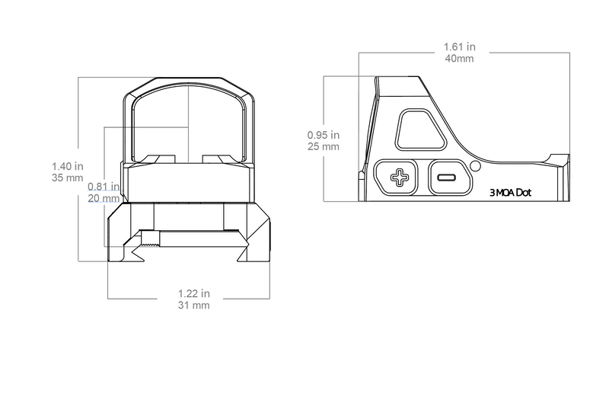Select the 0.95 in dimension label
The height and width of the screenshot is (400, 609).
coord(323,135)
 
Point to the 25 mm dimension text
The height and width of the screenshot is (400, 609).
coord(323,146)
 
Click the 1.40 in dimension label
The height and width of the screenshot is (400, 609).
coord(67,165)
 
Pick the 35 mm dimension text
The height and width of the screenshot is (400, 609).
coord(67,178)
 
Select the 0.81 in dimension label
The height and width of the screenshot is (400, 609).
coord(104,186)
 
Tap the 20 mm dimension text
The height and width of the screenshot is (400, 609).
coord(104,197)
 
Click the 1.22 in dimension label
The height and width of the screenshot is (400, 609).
coord(193,293)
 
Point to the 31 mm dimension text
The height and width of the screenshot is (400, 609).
coord(193,305)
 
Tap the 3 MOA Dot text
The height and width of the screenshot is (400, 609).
coord(509,193)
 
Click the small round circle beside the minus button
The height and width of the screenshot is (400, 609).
coord(476,166)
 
